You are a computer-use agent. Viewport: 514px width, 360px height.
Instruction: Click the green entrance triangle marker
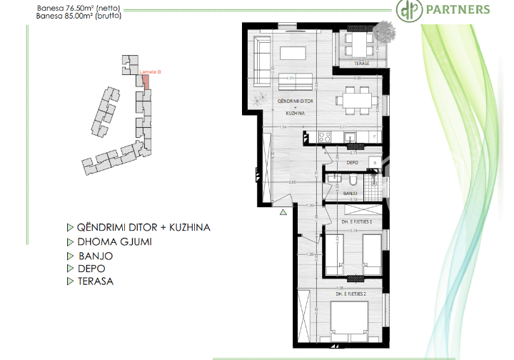click(x=283, y=211)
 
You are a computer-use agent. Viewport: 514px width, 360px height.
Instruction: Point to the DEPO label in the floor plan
click(x=352, y=163)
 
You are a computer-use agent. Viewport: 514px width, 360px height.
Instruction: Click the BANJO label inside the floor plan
click(x=350, y=194)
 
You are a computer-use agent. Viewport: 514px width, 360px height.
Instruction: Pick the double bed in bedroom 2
click(x=351, y=319)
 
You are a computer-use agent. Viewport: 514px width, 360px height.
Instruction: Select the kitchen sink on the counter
click(x=350, y=137)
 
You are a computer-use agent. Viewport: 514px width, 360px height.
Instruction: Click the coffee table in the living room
click(x=293, y=53)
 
